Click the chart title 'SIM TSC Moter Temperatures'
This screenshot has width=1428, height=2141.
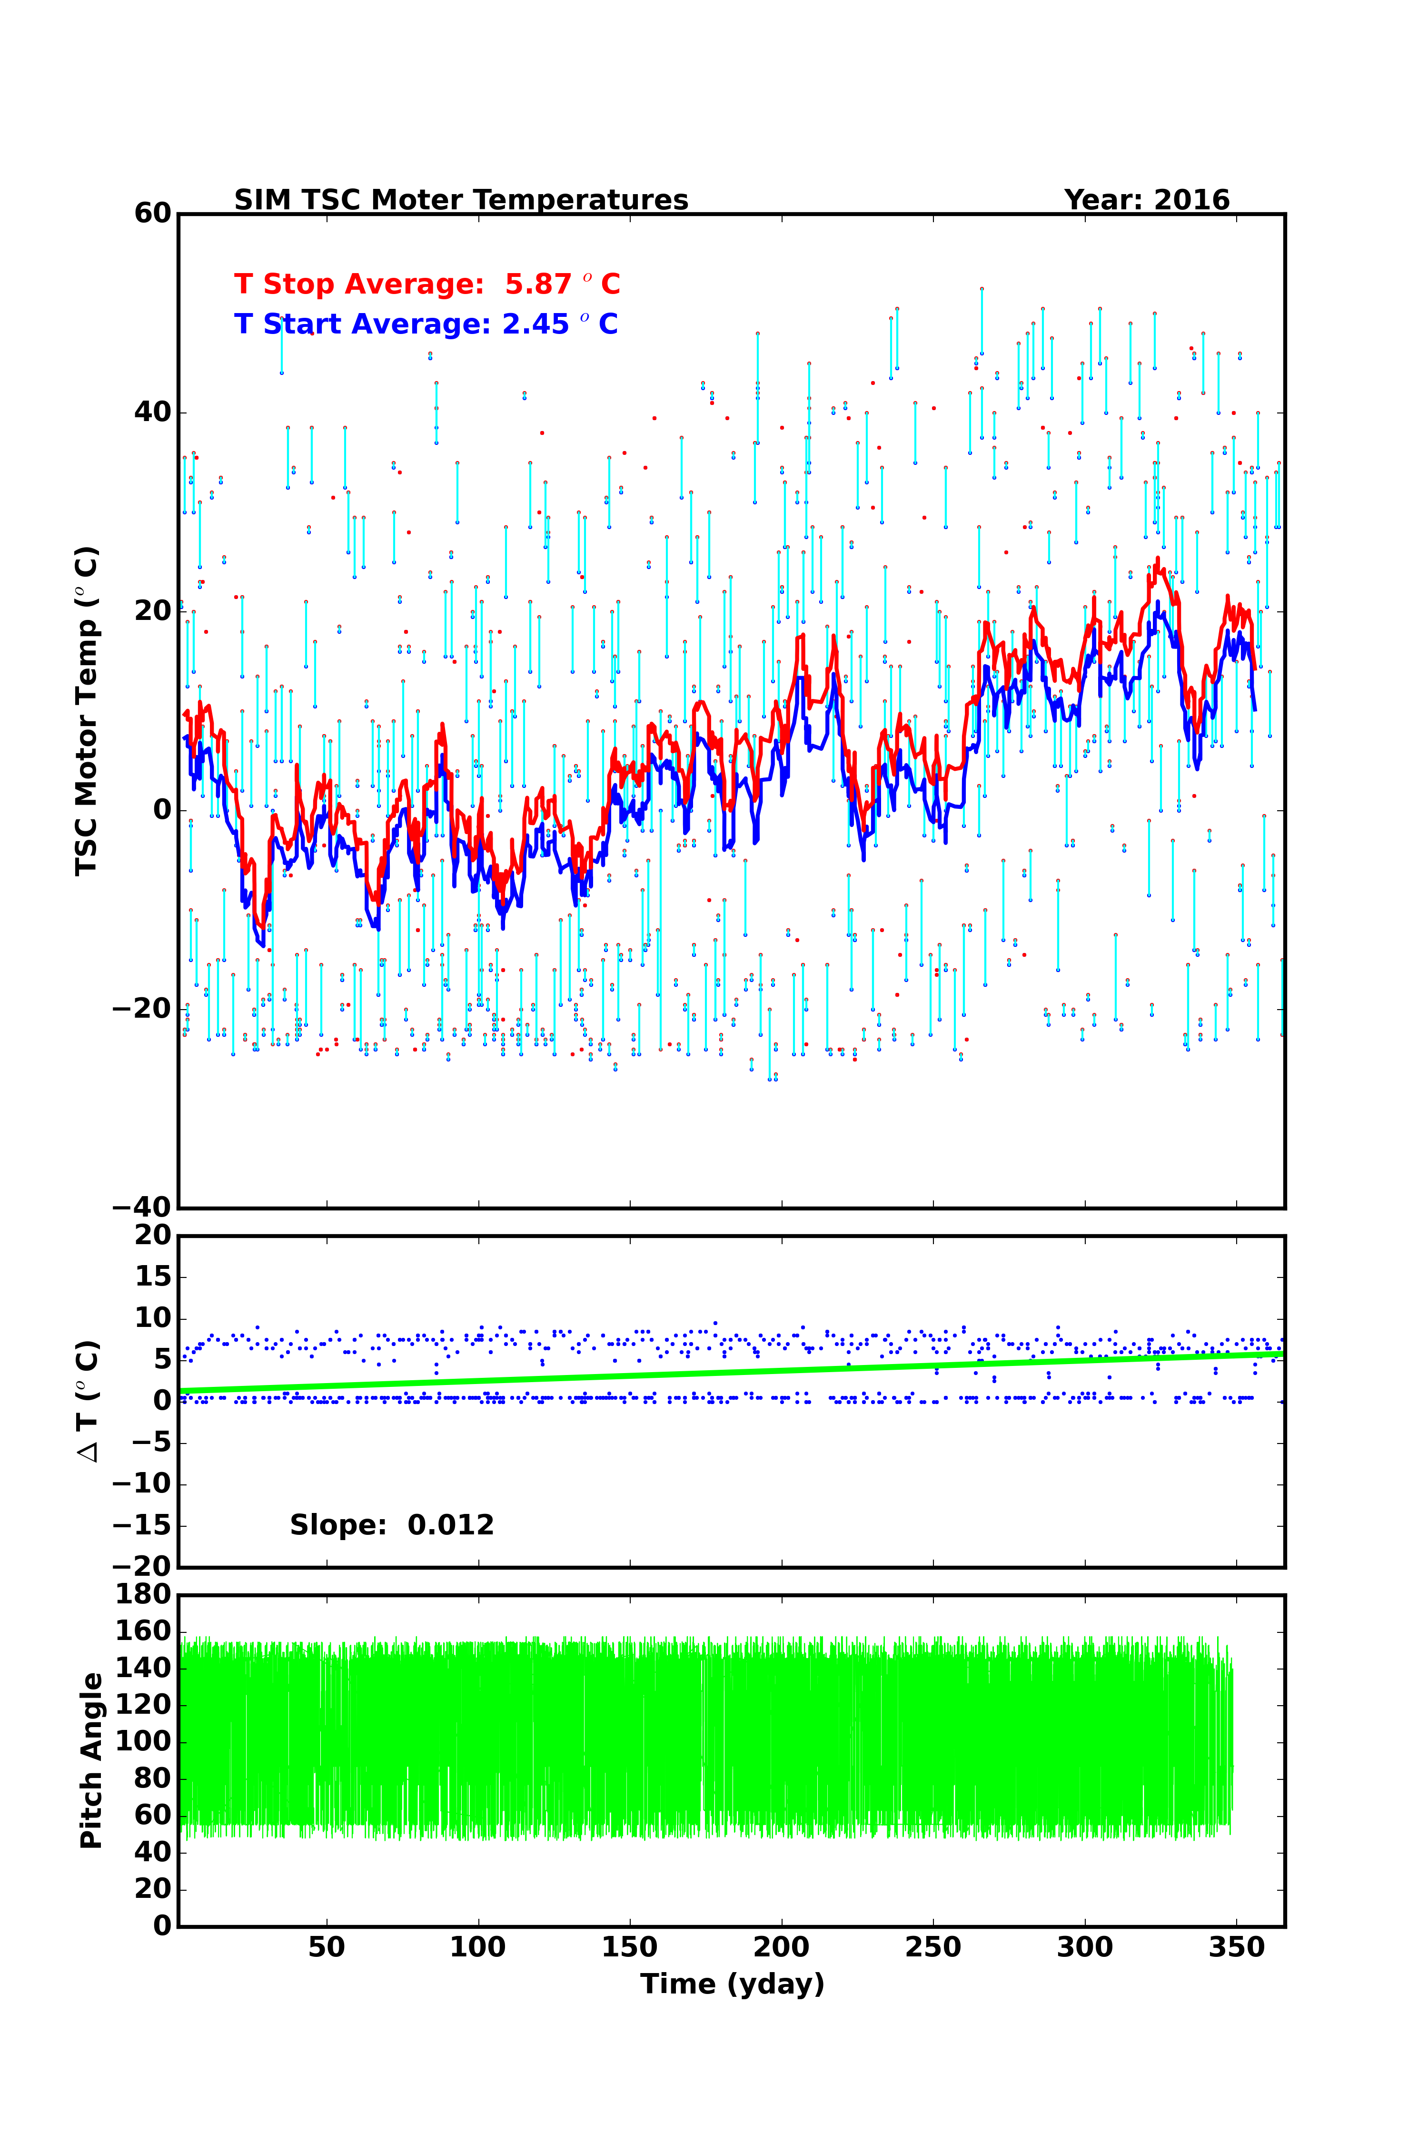[x=461, y=200]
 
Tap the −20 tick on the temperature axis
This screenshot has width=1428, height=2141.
[x=141, y=1009]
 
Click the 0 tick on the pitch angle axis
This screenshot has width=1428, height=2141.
[x=162, y=1925]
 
